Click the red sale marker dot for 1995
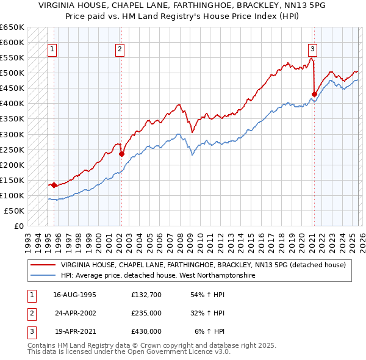click(54, 185)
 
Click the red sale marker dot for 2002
click(121, 154)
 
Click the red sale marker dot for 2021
click(315, 94)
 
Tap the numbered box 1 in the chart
click(52, 50)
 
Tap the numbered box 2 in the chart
click(120, 50)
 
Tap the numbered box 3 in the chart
click(312, 50)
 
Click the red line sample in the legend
click(43, 265)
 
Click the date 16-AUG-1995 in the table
click(74, 295)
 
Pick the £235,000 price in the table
click(146, 313)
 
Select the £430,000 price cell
click(146, 331)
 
